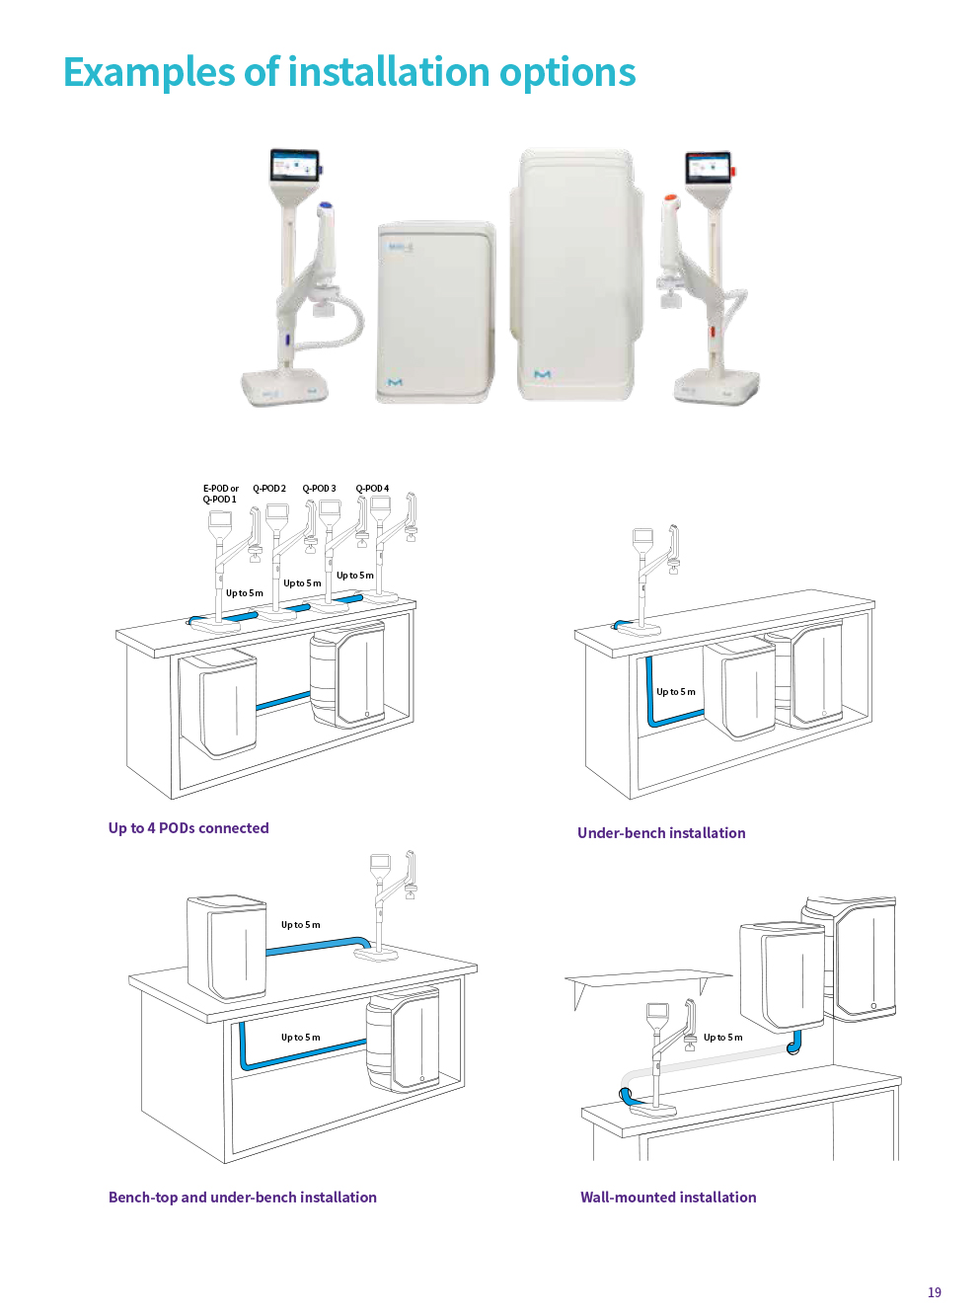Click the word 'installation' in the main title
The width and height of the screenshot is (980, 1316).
tap(389, 71)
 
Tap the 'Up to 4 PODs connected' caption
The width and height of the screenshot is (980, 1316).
tap(188, 827)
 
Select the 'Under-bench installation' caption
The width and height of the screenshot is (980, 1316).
tap(661, 832)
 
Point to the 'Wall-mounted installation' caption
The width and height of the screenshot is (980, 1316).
tap(668, 1197)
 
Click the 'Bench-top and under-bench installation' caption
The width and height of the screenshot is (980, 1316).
tap(242, 1197)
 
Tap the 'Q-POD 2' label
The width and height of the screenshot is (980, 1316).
tap(269, 489)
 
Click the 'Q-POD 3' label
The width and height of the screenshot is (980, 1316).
tap(319, 489)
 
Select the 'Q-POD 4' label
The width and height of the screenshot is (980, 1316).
tap(372, 489)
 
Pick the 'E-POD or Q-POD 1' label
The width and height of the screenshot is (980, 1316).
tap(221, 494)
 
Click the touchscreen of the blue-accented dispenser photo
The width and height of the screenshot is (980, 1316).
tap(295, 166)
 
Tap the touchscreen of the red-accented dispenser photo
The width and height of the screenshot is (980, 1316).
tap(708, 168)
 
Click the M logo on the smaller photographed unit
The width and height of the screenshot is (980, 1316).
tap(395, 382)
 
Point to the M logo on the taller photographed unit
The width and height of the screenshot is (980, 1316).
tap(542, 374)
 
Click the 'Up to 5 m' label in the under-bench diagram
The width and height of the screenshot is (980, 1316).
tap(676, 692)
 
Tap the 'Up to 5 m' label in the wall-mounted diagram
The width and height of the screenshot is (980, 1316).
tap(722, 1038)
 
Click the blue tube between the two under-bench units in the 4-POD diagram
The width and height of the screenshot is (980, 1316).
tap(283, 700)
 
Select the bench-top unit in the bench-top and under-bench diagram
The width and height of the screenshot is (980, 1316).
tap(227, 948)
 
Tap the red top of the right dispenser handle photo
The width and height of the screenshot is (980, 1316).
tap(671, 197)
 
